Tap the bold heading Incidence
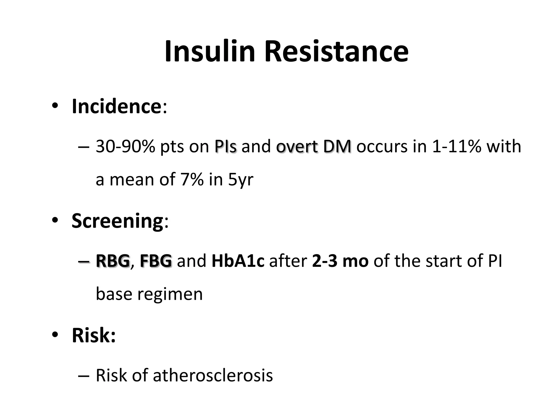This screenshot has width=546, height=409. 116,106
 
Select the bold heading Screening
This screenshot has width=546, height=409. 117,221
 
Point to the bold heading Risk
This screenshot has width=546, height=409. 94,335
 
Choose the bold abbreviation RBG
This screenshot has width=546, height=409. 113,261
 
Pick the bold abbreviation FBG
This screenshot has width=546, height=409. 156,261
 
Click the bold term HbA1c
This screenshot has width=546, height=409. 238,261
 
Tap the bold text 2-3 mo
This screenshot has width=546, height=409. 340,261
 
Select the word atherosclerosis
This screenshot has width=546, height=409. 213,375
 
